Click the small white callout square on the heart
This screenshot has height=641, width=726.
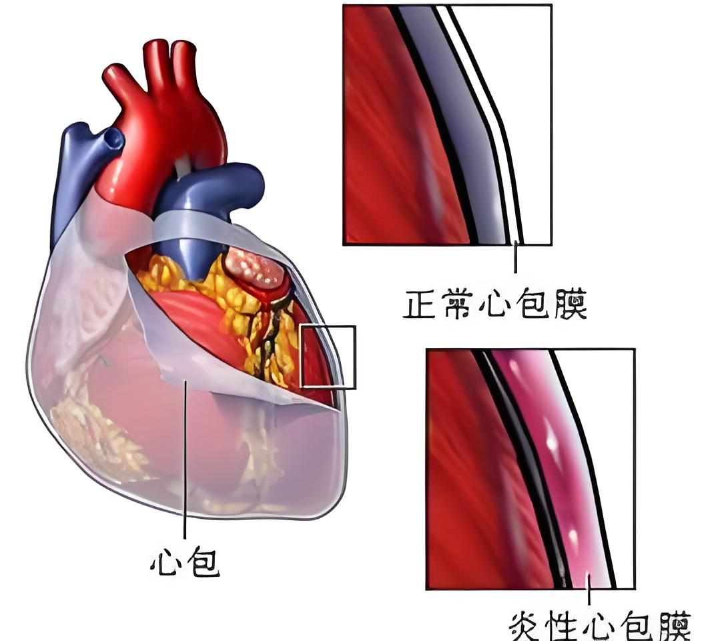coord(328,357)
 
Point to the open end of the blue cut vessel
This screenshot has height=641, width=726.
coord(112,139)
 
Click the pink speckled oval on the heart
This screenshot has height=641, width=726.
coord(256,269)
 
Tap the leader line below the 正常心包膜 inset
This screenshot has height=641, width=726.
coord(515,259)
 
